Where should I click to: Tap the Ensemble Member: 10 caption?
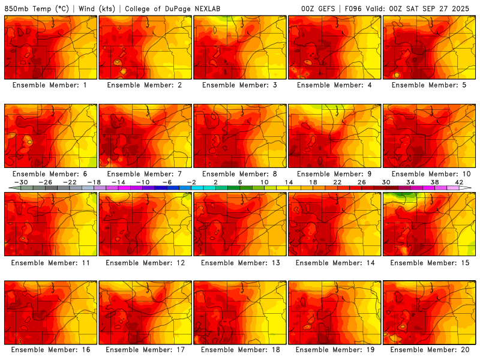coord(430,174)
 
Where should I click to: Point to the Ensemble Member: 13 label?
coord(240,263)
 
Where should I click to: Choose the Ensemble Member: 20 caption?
coord(430,350)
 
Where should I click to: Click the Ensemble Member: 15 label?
coord(430,263)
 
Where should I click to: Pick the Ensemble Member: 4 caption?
coord(335,85)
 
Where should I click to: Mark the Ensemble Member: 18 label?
coord(240,350)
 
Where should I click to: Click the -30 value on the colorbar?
coord(21,182)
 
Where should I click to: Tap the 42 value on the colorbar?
coord(460,182)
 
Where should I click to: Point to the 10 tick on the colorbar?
coord(265,182)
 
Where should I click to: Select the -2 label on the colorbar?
coord(191,182)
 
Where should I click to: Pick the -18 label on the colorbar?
coord(94,182)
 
